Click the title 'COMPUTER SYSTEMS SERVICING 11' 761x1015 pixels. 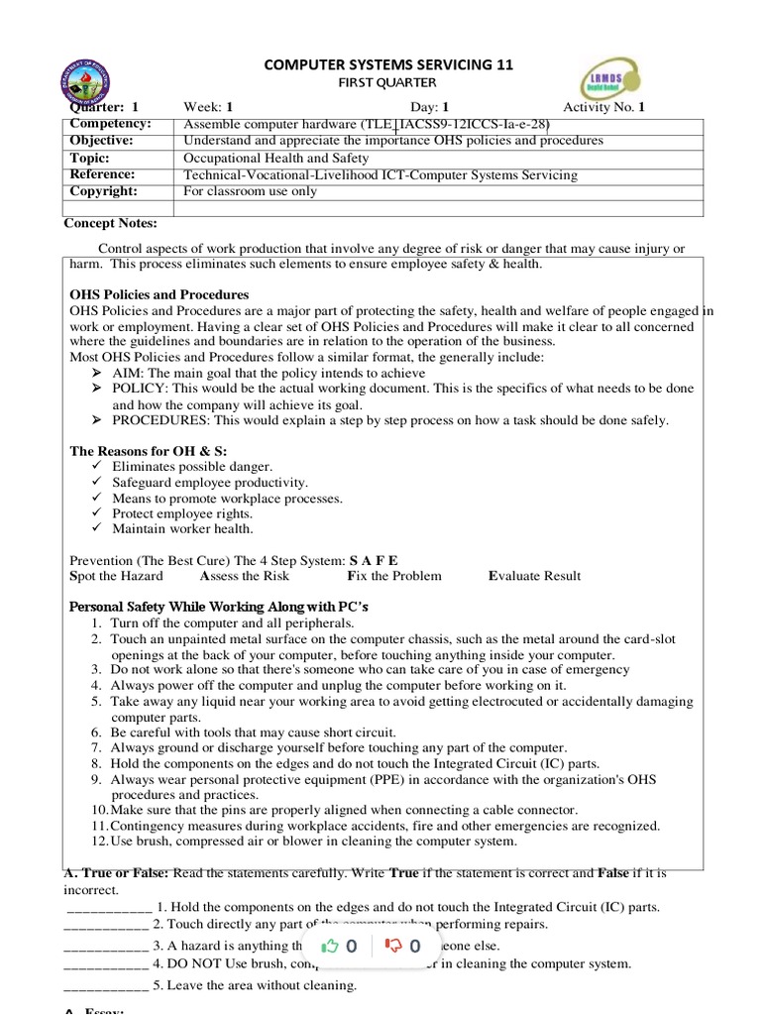click(x=387, y=64)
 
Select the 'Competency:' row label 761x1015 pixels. click(x=109, y=124)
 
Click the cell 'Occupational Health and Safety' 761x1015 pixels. click(x=276, y=158)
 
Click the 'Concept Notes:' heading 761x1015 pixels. click(x=110, y=224)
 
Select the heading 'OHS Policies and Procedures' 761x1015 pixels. click(x=159, y=294)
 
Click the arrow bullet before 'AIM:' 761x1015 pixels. click(x=96, y=373)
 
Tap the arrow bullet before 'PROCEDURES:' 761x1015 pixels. click(x=96, y=420)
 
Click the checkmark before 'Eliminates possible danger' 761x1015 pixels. click(x=96, y=466)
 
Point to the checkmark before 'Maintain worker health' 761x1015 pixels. click(x=96, y=529)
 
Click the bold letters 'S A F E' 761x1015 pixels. click(x=374, y=560)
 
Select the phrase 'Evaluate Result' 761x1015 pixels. click(x=534, y=576)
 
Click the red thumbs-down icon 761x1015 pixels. click(x=393, y=946)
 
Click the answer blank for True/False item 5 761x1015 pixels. click(x=106, y=985)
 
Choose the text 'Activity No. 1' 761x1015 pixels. click(x=603, y=107)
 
